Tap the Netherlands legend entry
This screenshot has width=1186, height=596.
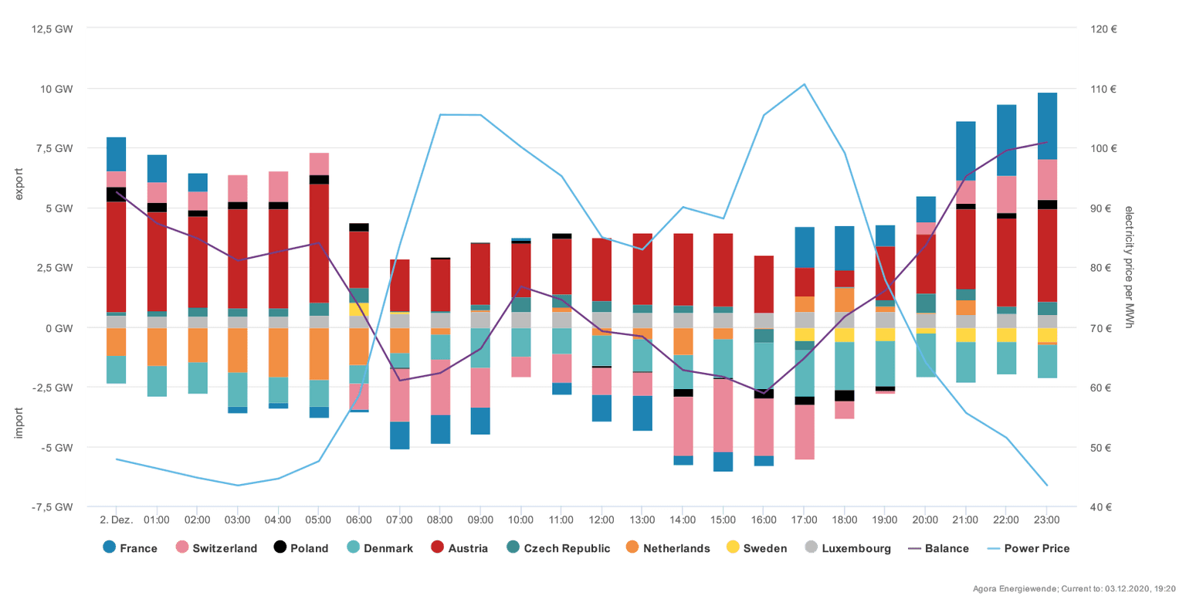click(x=667, y=548)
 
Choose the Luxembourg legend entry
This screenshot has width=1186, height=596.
click(x=848, y=548)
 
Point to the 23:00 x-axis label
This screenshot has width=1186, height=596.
click(x=1046, y=520)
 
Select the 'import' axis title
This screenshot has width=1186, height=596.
click(x=21, y=422)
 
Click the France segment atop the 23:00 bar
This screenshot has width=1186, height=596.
click(x=1047, y=126)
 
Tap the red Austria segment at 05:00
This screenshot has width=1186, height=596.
click(x=319, y=243)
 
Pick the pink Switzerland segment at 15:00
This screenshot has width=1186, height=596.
click(x=723, y=415)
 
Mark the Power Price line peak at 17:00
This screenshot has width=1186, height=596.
click(x=804, y=84)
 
